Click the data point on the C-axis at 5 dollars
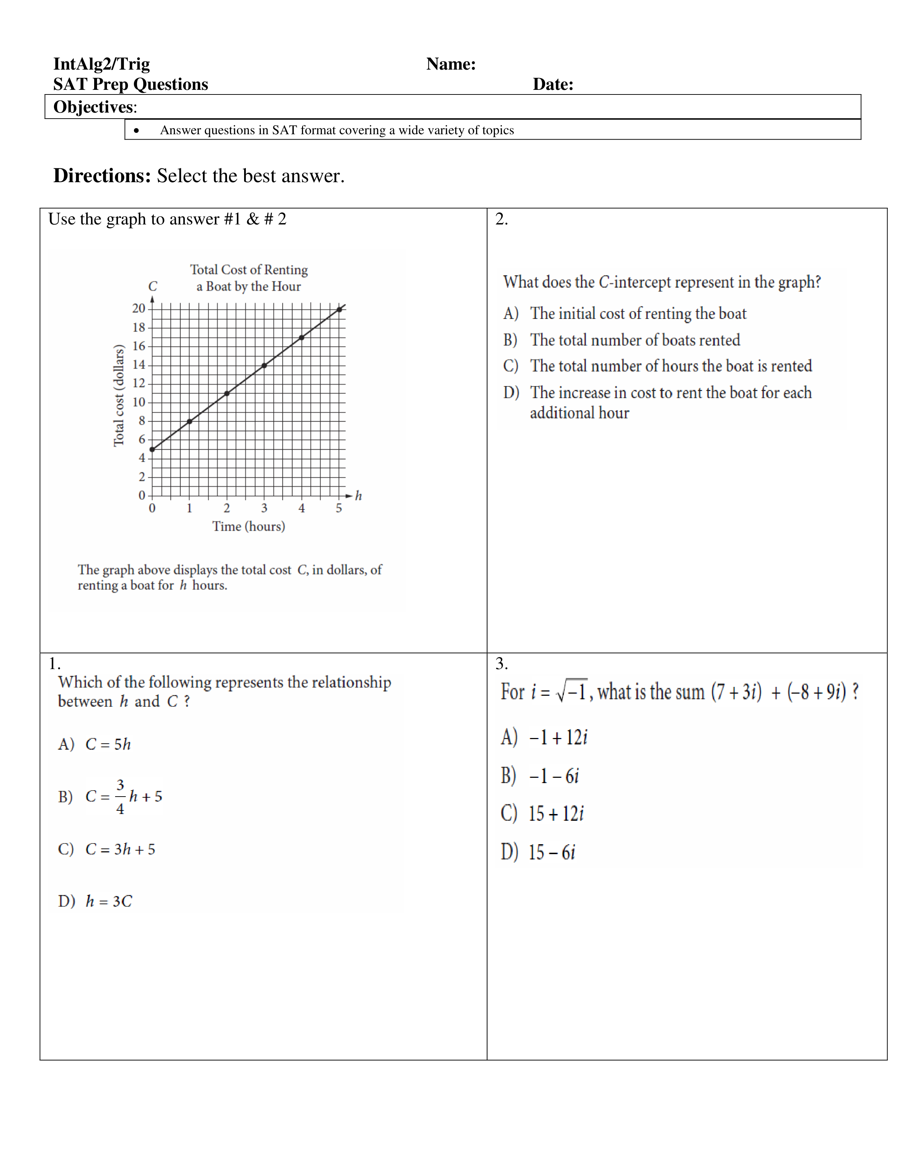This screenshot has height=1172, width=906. [x=152, y=449]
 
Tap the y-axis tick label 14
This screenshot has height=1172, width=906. [x=139, y=365]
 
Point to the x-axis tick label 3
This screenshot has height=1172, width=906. [x=264, y=508]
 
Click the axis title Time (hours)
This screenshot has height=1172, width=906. [x=248, y=526]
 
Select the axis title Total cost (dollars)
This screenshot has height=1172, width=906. [x=119, y=396]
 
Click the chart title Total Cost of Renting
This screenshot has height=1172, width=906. [x=249, y=270]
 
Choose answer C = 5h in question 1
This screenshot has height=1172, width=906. [x=107, y=744]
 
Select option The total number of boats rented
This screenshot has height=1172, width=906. [x=635, y=340]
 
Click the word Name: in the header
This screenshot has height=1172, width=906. [x=451, y=64]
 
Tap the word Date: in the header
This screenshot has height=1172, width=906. [x=553, y=84]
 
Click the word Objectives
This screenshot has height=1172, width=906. [x=94, y=107]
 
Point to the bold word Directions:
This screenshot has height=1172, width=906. [x=102, y=176]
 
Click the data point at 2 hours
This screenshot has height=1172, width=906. [x=227, y=394]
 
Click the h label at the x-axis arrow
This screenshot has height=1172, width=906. [x=358, y=496]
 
